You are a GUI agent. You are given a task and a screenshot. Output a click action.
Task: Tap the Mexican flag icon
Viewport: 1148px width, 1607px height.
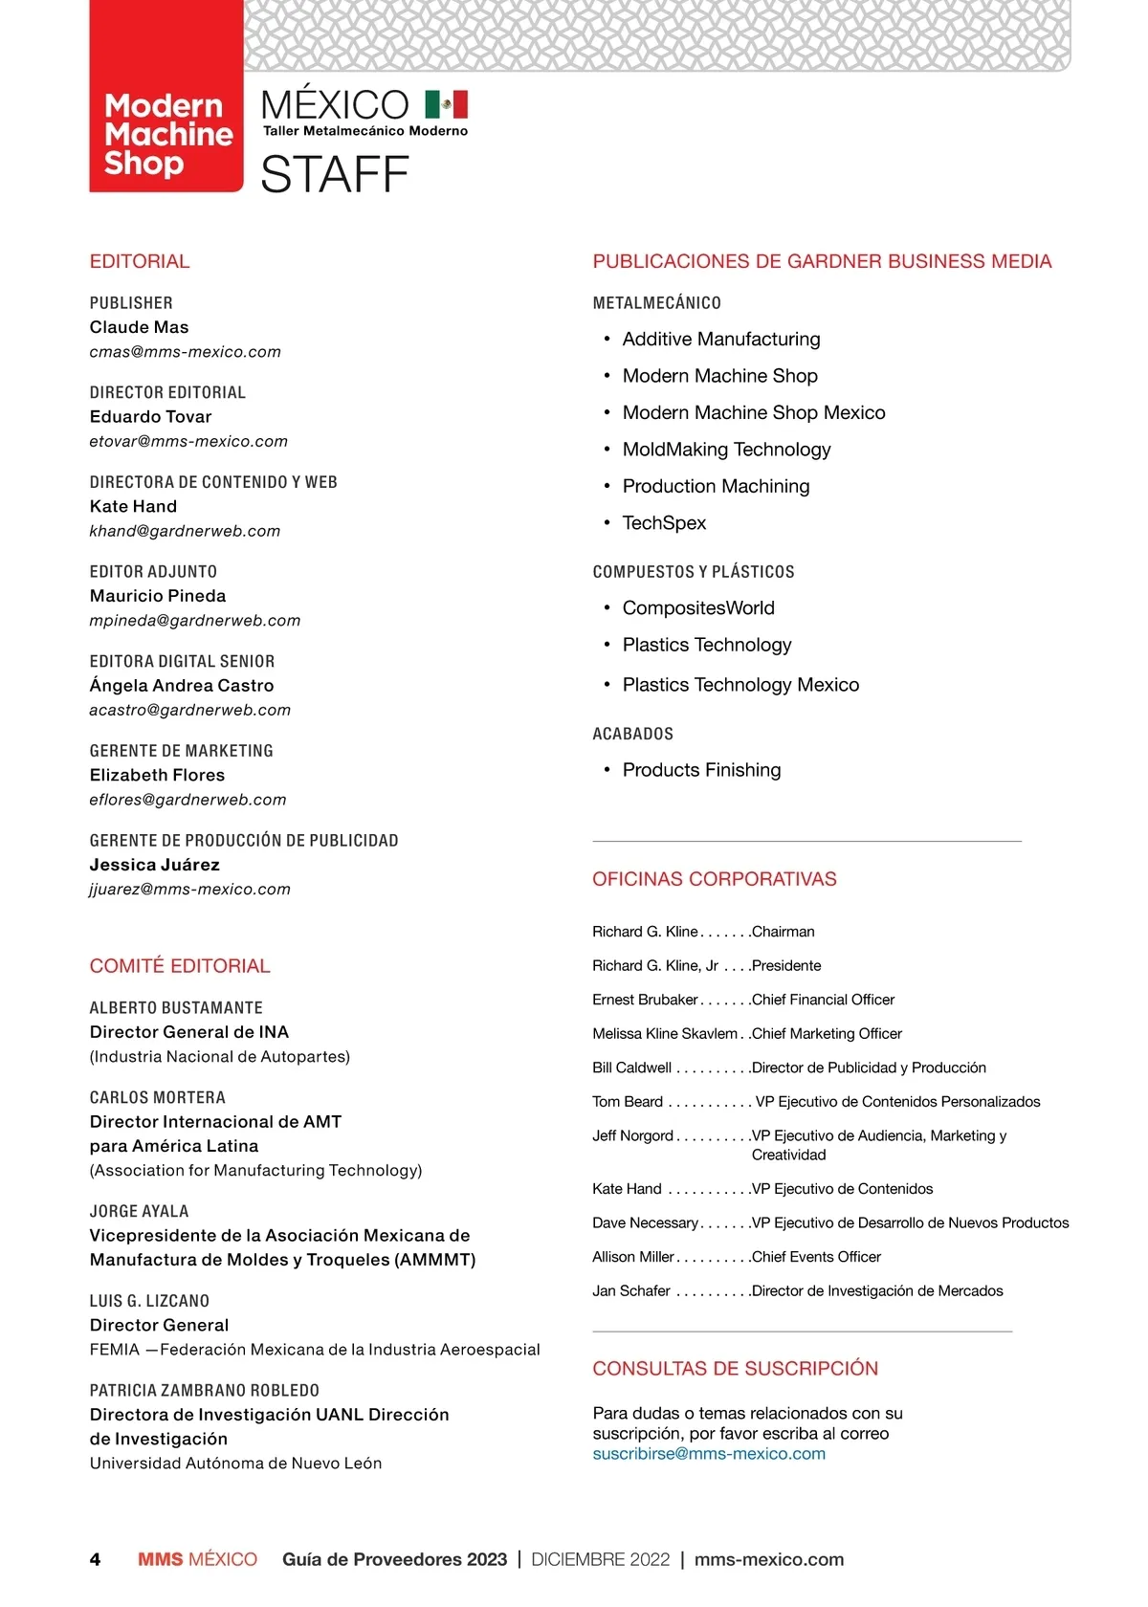(x=446, y=103)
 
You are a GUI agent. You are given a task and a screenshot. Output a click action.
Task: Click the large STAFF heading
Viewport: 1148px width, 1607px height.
(x=334, y=175)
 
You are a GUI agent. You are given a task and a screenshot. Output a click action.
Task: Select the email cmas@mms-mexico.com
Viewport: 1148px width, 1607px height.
(x=186, y=352)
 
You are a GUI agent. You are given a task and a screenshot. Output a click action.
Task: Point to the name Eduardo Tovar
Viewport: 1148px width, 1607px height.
(x=151, y=417)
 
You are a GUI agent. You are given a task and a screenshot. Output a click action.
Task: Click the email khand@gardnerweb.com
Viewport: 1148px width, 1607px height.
(x=185, y=531)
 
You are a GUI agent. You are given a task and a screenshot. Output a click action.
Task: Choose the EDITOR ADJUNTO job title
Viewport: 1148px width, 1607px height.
(x=153, y=572)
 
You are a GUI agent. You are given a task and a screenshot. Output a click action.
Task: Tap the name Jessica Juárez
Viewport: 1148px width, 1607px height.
(x=155, y=865)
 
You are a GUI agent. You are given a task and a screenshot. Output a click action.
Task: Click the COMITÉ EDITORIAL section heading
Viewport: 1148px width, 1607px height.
(x=180, y=966)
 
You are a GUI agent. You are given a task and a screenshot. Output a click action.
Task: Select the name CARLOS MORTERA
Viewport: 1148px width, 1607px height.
(x=158, y=1097)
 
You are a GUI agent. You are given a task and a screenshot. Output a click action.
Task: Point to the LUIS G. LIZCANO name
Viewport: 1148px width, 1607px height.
(x=149, y=1301)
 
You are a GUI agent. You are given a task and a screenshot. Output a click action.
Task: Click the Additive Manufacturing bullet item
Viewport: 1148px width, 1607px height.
(x=721, y=340)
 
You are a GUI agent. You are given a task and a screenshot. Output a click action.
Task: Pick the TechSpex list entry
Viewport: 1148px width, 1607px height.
(x=664, y=523)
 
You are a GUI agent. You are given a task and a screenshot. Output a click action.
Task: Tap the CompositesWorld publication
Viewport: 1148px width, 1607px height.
(x=698, y=608)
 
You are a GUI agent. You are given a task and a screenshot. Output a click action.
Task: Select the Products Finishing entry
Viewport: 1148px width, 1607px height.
(x=701, y=770)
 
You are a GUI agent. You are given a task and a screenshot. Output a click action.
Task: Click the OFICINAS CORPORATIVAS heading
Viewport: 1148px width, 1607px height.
(x=715, y=879)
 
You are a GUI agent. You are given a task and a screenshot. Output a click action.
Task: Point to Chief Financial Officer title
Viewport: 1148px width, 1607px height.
(x=823, y=1000)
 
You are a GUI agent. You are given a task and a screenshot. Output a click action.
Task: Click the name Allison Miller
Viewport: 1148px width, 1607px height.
(x=633, y=1257)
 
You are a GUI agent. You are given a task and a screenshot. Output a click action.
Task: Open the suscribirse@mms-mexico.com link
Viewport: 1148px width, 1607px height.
(x=709, y=1454)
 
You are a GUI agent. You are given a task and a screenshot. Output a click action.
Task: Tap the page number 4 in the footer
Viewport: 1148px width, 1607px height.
(x=95, y=1560)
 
